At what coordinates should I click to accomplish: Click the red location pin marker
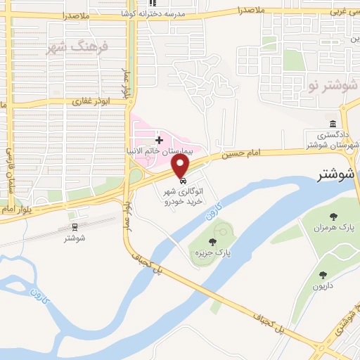(181, 166)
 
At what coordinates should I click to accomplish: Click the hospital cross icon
(159, 141)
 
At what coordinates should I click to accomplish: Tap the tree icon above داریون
(323, 275)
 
